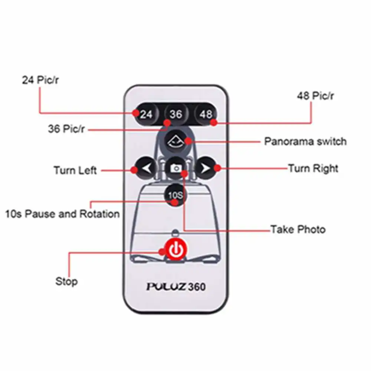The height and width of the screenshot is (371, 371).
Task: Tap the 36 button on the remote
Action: [x=176, y=114]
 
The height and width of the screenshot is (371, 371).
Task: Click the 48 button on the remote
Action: [x=206, y=114]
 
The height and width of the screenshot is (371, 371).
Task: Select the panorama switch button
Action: [x=175, y=142]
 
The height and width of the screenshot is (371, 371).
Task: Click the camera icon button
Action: [x=176, y=168]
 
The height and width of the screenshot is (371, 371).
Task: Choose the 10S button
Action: [x=175, y=195]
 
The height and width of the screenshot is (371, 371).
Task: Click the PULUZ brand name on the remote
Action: [x=166, y=286]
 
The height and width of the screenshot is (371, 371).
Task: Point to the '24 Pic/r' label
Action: [x=40, y=80]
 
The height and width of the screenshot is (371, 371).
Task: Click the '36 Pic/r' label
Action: [x=66, y=129]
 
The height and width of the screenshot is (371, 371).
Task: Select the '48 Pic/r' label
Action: [x=315, y=96]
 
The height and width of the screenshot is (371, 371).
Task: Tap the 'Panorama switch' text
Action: [x=305, y=141]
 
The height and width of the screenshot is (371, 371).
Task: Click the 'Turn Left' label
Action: [x=75, y=170]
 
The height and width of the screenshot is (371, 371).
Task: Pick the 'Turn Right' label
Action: [x=313, y=168]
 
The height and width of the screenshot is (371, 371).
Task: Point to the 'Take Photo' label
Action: [x=298, y=229]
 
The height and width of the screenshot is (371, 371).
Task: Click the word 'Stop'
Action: [x=66, y=281]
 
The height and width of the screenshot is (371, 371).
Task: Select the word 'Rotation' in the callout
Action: [x=99, y=214]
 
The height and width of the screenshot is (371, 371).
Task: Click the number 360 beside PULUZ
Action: [x=197, y=287]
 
